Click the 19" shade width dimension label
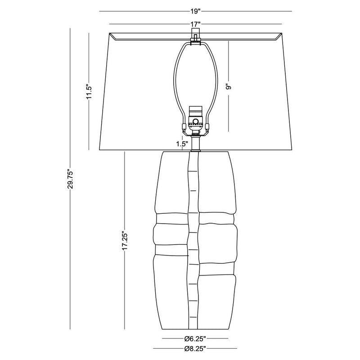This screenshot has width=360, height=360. pos(195,11)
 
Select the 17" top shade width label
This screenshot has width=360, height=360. pos(195,24)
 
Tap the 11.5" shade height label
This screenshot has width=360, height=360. pos(89,91)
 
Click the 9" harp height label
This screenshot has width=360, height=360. pos(228,87)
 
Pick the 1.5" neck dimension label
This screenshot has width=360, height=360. pos(182,144)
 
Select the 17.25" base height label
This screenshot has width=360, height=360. pos(125,240)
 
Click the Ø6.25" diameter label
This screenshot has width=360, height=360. pos(195,338)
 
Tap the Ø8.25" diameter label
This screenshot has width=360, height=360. pos(195,349)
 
